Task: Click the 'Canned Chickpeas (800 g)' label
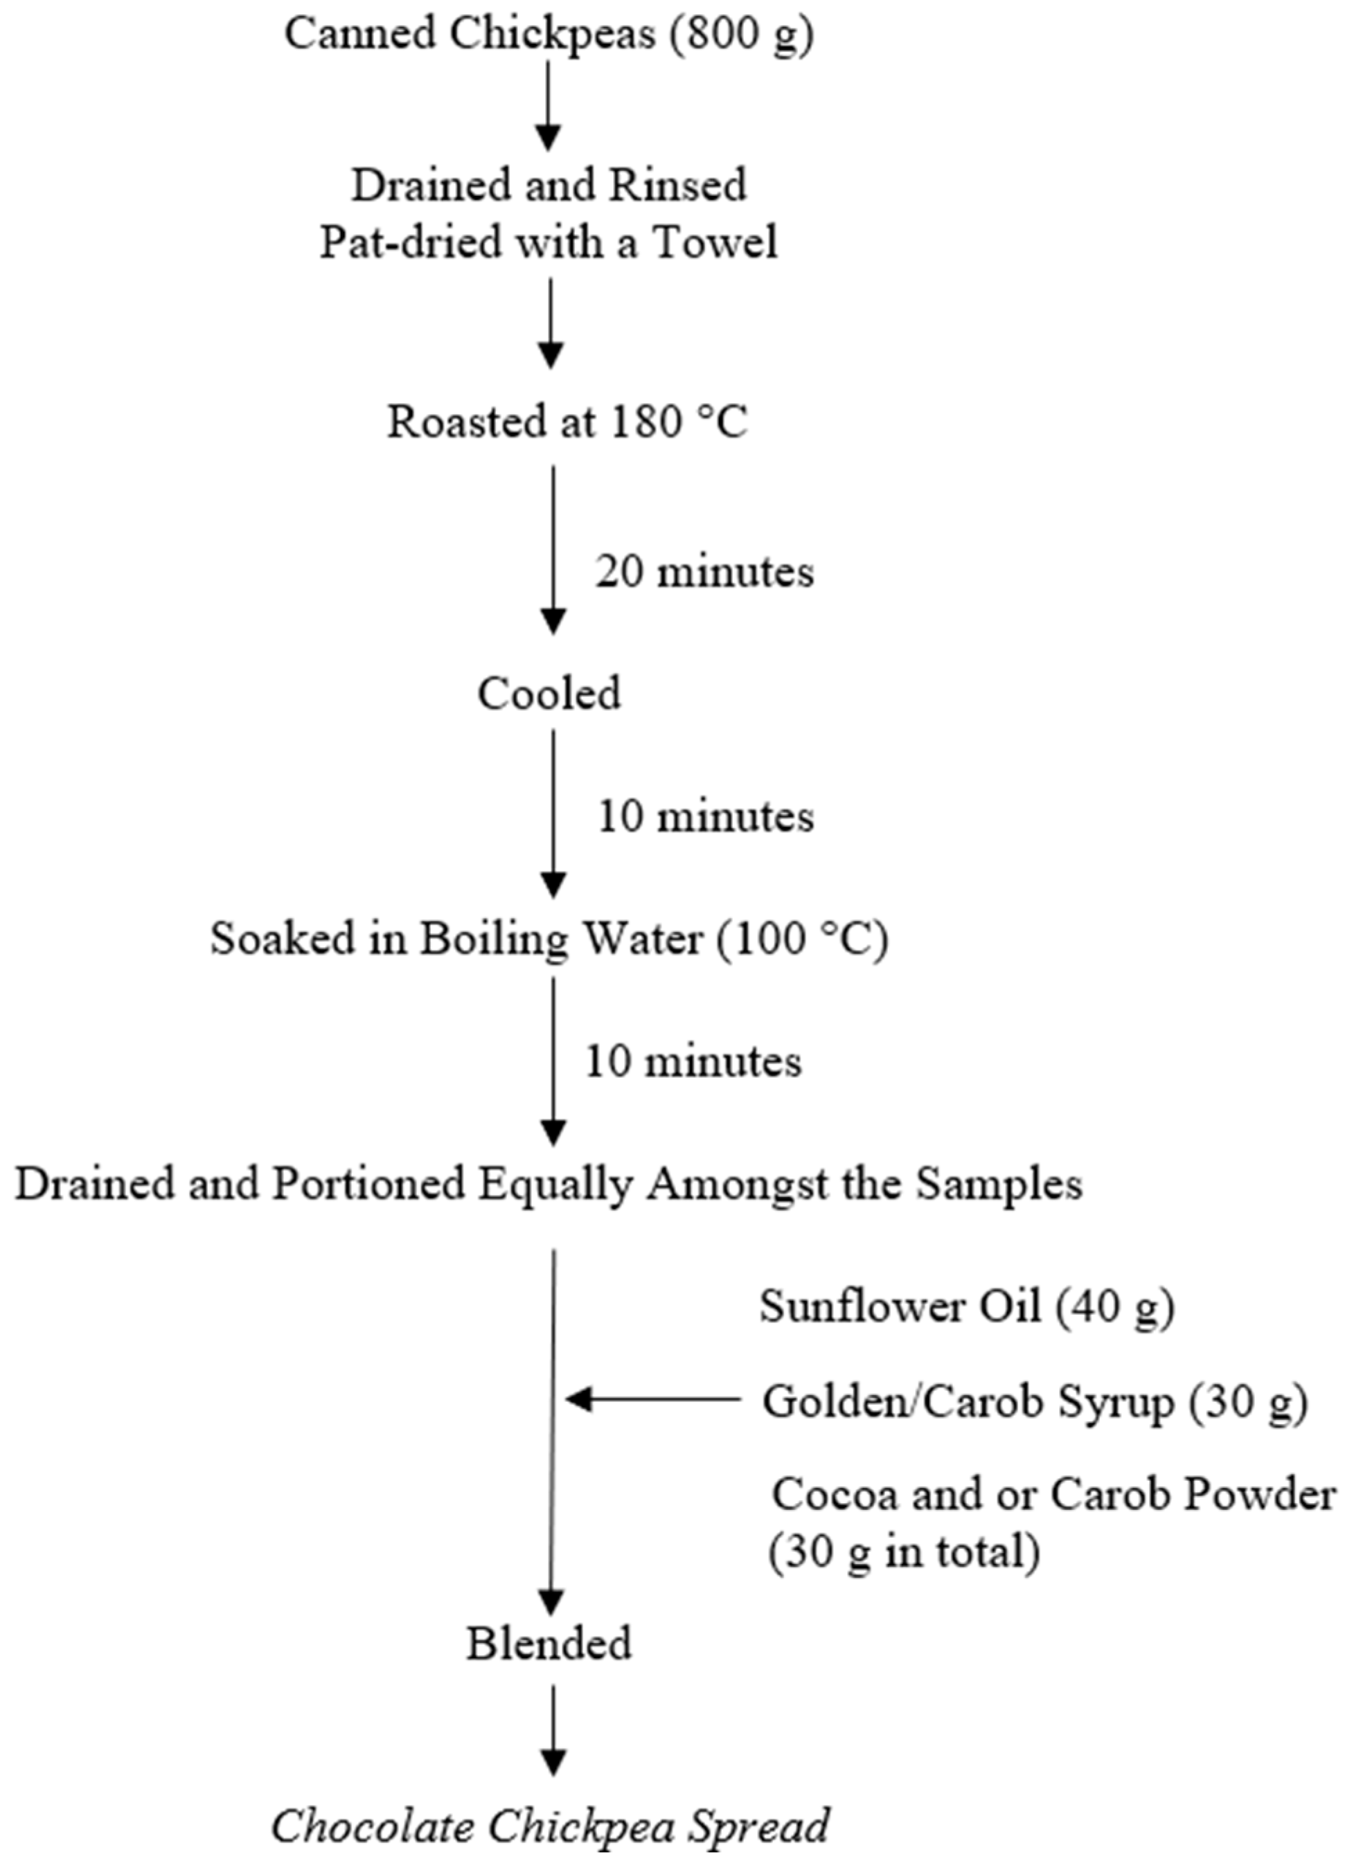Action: point(548,35)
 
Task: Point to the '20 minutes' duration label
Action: point(704,571)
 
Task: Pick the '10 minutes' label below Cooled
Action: point(704,816)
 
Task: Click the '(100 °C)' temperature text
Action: point(802,939)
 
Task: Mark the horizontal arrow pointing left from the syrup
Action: point(652,1400)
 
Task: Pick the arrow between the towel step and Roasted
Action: point(551,323)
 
